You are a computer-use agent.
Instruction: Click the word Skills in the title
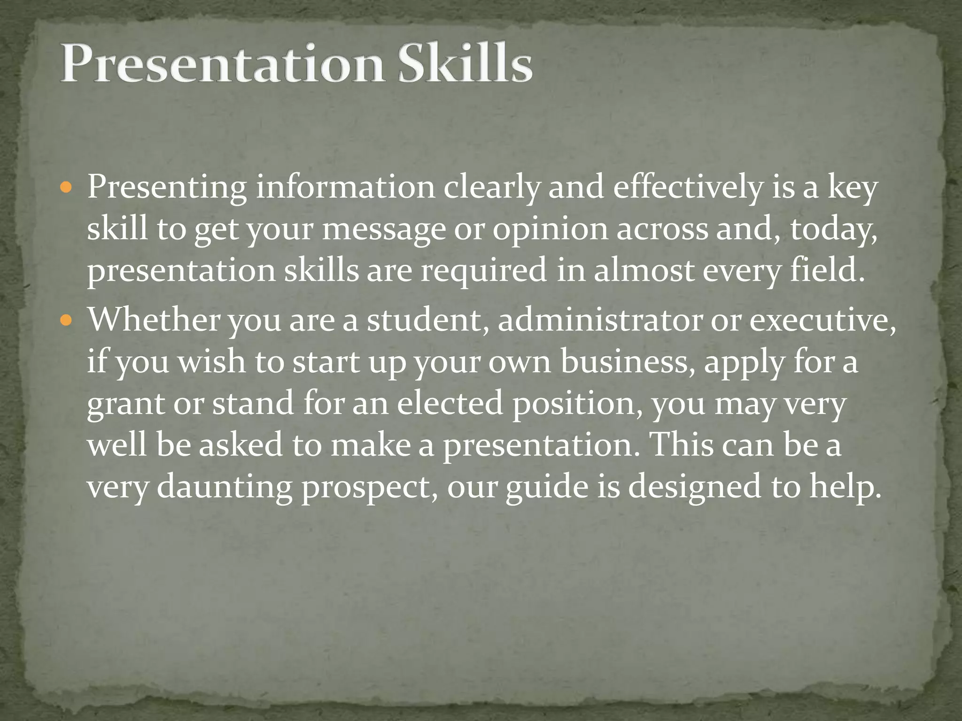[465, 63]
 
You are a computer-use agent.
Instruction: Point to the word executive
[822, 320]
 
